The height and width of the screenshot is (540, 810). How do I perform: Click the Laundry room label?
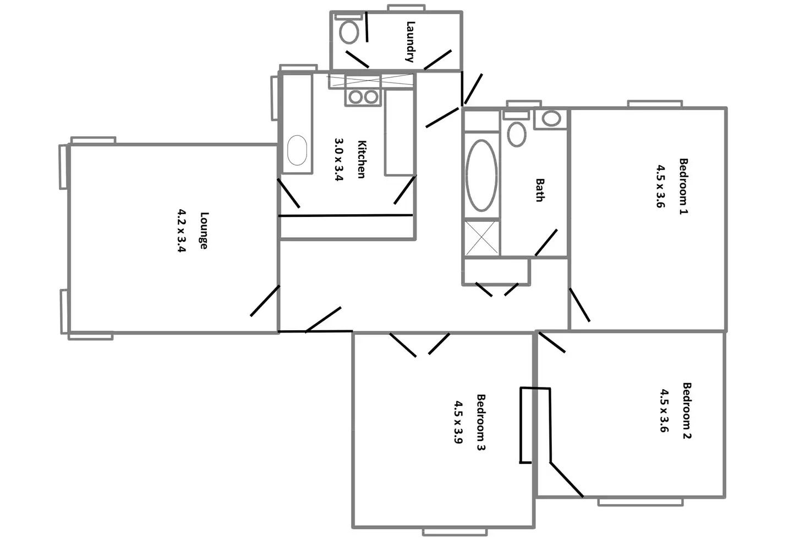pyautogui.click(x=411, y=41)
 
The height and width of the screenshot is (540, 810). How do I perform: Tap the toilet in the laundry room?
pyautogui.click(x=349, y=31)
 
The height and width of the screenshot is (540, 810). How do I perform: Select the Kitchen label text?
pyautogui.click(x=362, y=160)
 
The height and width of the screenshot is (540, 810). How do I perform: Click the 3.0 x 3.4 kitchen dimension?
pyautogui.click(x=339, y=160)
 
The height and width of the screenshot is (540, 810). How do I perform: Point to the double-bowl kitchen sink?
pyautogui.click(x=363, y=97)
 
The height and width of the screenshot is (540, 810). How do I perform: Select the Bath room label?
pyautogui.click(x=540, y=190)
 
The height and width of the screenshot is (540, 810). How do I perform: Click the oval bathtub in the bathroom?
pyautogui.click(x=481, y=175)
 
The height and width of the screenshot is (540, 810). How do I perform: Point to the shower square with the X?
pyautogui.click(x=482, y=238)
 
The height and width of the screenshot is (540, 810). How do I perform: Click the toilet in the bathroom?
pyautogui.click(x=516, y=133)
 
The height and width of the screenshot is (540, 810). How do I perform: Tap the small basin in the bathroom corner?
pyautogui.click(x=551, y=118)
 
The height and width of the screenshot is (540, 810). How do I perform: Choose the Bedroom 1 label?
pyautogui.click(x=683, y=186)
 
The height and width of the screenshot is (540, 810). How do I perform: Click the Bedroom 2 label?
pyautogui.click(x=687, y=411)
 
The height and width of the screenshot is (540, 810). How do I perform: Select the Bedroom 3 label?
pyautogui.click(x=480, y=422)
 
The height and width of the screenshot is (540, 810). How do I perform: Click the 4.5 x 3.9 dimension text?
pyautogui.click(x=458, y=422)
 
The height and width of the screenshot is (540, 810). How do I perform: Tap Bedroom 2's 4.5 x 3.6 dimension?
pyautogui.click(x=664, y=411)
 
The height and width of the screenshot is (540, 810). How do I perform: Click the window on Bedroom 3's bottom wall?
pyautogui.click(x=455, y=532)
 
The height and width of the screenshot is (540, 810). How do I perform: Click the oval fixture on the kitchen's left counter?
pyautogui.click(x=297, y=150)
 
